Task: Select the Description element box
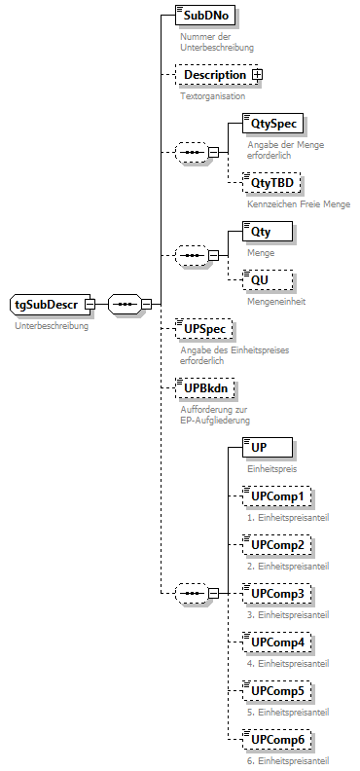click(x=214, y=74)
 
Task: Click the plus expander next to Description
click(x=258, y=74)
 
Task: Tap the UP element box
click(x=259, y=447)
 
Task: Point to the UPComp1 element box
click(x=277, y=496)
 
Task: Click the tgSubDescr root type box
click(x=46, y=304)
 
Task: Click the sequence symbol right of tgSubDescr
click(x=124, y=304)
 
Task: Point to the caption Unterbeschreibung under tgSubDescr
click(x=51, y=326)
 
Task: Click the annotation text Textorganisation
click(x=212, y=96)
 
